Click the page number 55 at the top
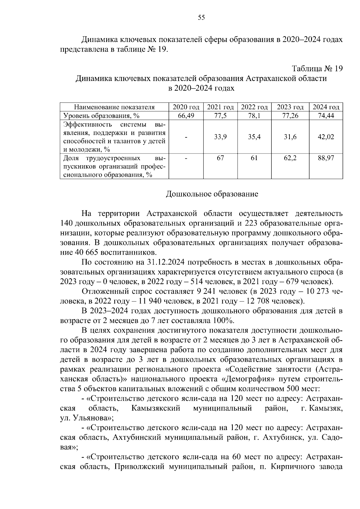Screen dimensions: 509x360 [x=201, y=18]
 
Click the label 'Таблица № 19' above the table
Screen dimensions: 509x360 [x=317, y=69]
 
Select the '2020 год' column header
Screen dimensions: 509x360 [x=186, y=107]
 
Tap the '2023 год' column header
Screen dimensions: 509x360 [x=290, y=107]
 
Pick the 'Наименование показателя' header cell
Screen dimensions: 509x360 [x=114, y=107]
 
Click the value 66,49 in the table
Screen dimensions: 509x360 [x=186, y=116]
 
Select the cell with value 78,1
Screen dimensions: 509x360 [x=254, y=116]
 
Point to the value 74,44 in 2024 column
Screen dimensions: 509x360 [x=326, y=116]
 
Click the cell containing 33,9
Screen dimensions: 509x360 [x=220, y=137]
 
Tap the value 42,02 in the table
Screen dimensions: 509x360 [x=326, y=137]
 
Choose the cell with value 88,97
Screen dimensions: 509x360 [x=326, y=158]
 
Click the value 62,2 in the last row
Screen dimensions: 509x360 [x=290, y=158]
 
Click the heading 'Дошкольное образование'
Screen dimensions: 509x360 [x=212, y=194]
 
